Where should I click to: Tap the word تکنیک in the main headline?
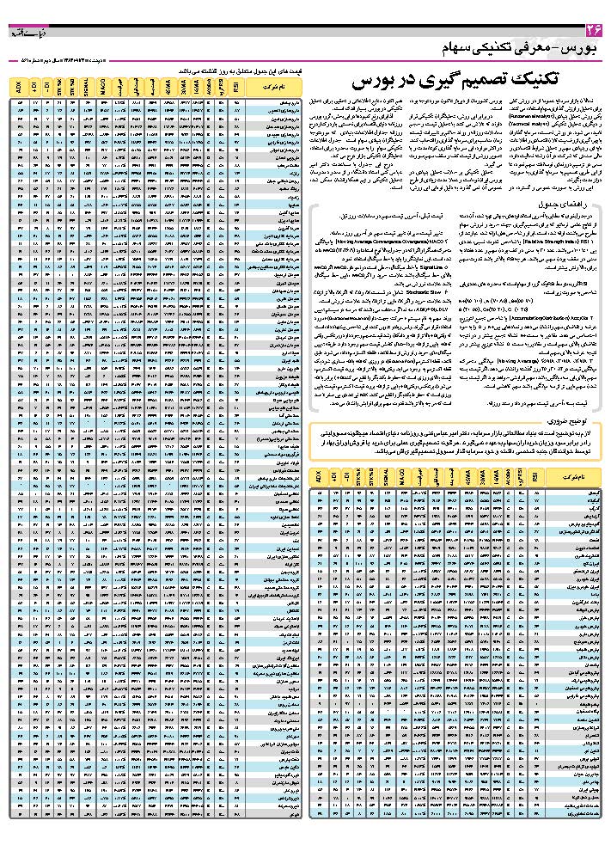529,80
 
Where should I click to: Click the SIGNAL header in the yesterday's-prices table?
87,84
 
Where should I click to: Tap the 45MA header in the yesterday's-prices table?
168,84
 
